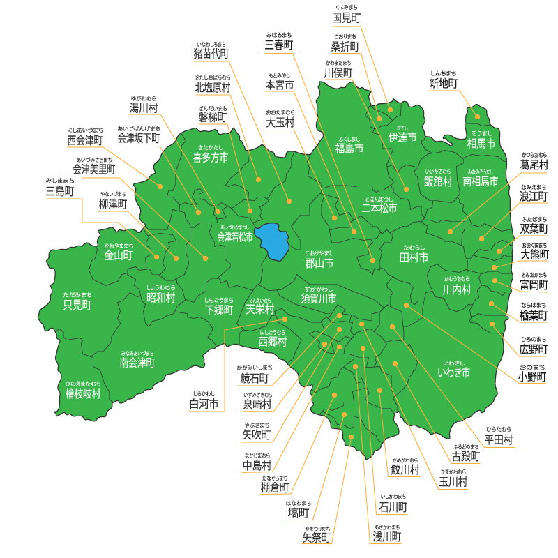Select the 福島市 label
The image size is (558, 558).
349,148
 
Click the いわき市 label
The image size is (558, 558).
453,372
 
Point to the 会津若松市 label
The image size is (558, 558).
235,237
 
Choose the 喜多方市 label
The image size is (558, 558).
210,158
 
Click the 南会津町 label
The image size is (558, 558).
137,363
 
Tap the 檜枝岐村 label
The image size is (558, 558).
83,393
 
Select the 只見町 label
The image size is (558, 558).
77,305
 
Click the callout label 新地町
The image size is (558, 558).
444,84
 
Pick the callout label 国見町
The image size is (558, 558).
346,17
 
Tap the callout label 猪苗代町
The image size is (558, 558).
211,53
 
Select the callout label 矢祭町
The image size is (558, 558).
317,538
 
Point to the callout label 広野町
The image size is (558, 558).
534,349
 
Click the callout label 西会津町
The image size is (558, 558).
85,140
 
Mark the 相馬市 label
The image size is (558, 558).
481,144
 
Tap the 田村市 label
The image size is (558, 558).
414,257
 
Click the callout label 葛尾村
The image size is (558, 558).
534,165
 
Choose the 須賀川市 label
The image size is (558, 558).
319,298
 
